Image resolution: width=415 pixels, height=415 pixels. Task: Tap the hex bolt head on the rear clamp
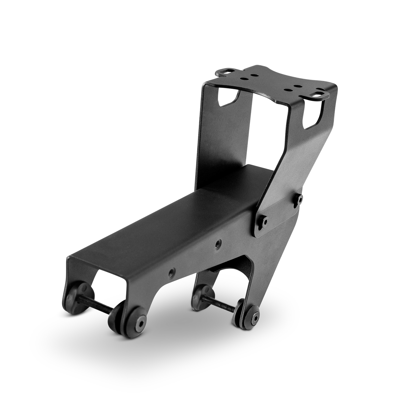(x=255, y=315)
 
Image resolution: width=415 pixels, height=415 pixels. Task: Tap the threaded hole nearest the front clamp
(x=171, y=273)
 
